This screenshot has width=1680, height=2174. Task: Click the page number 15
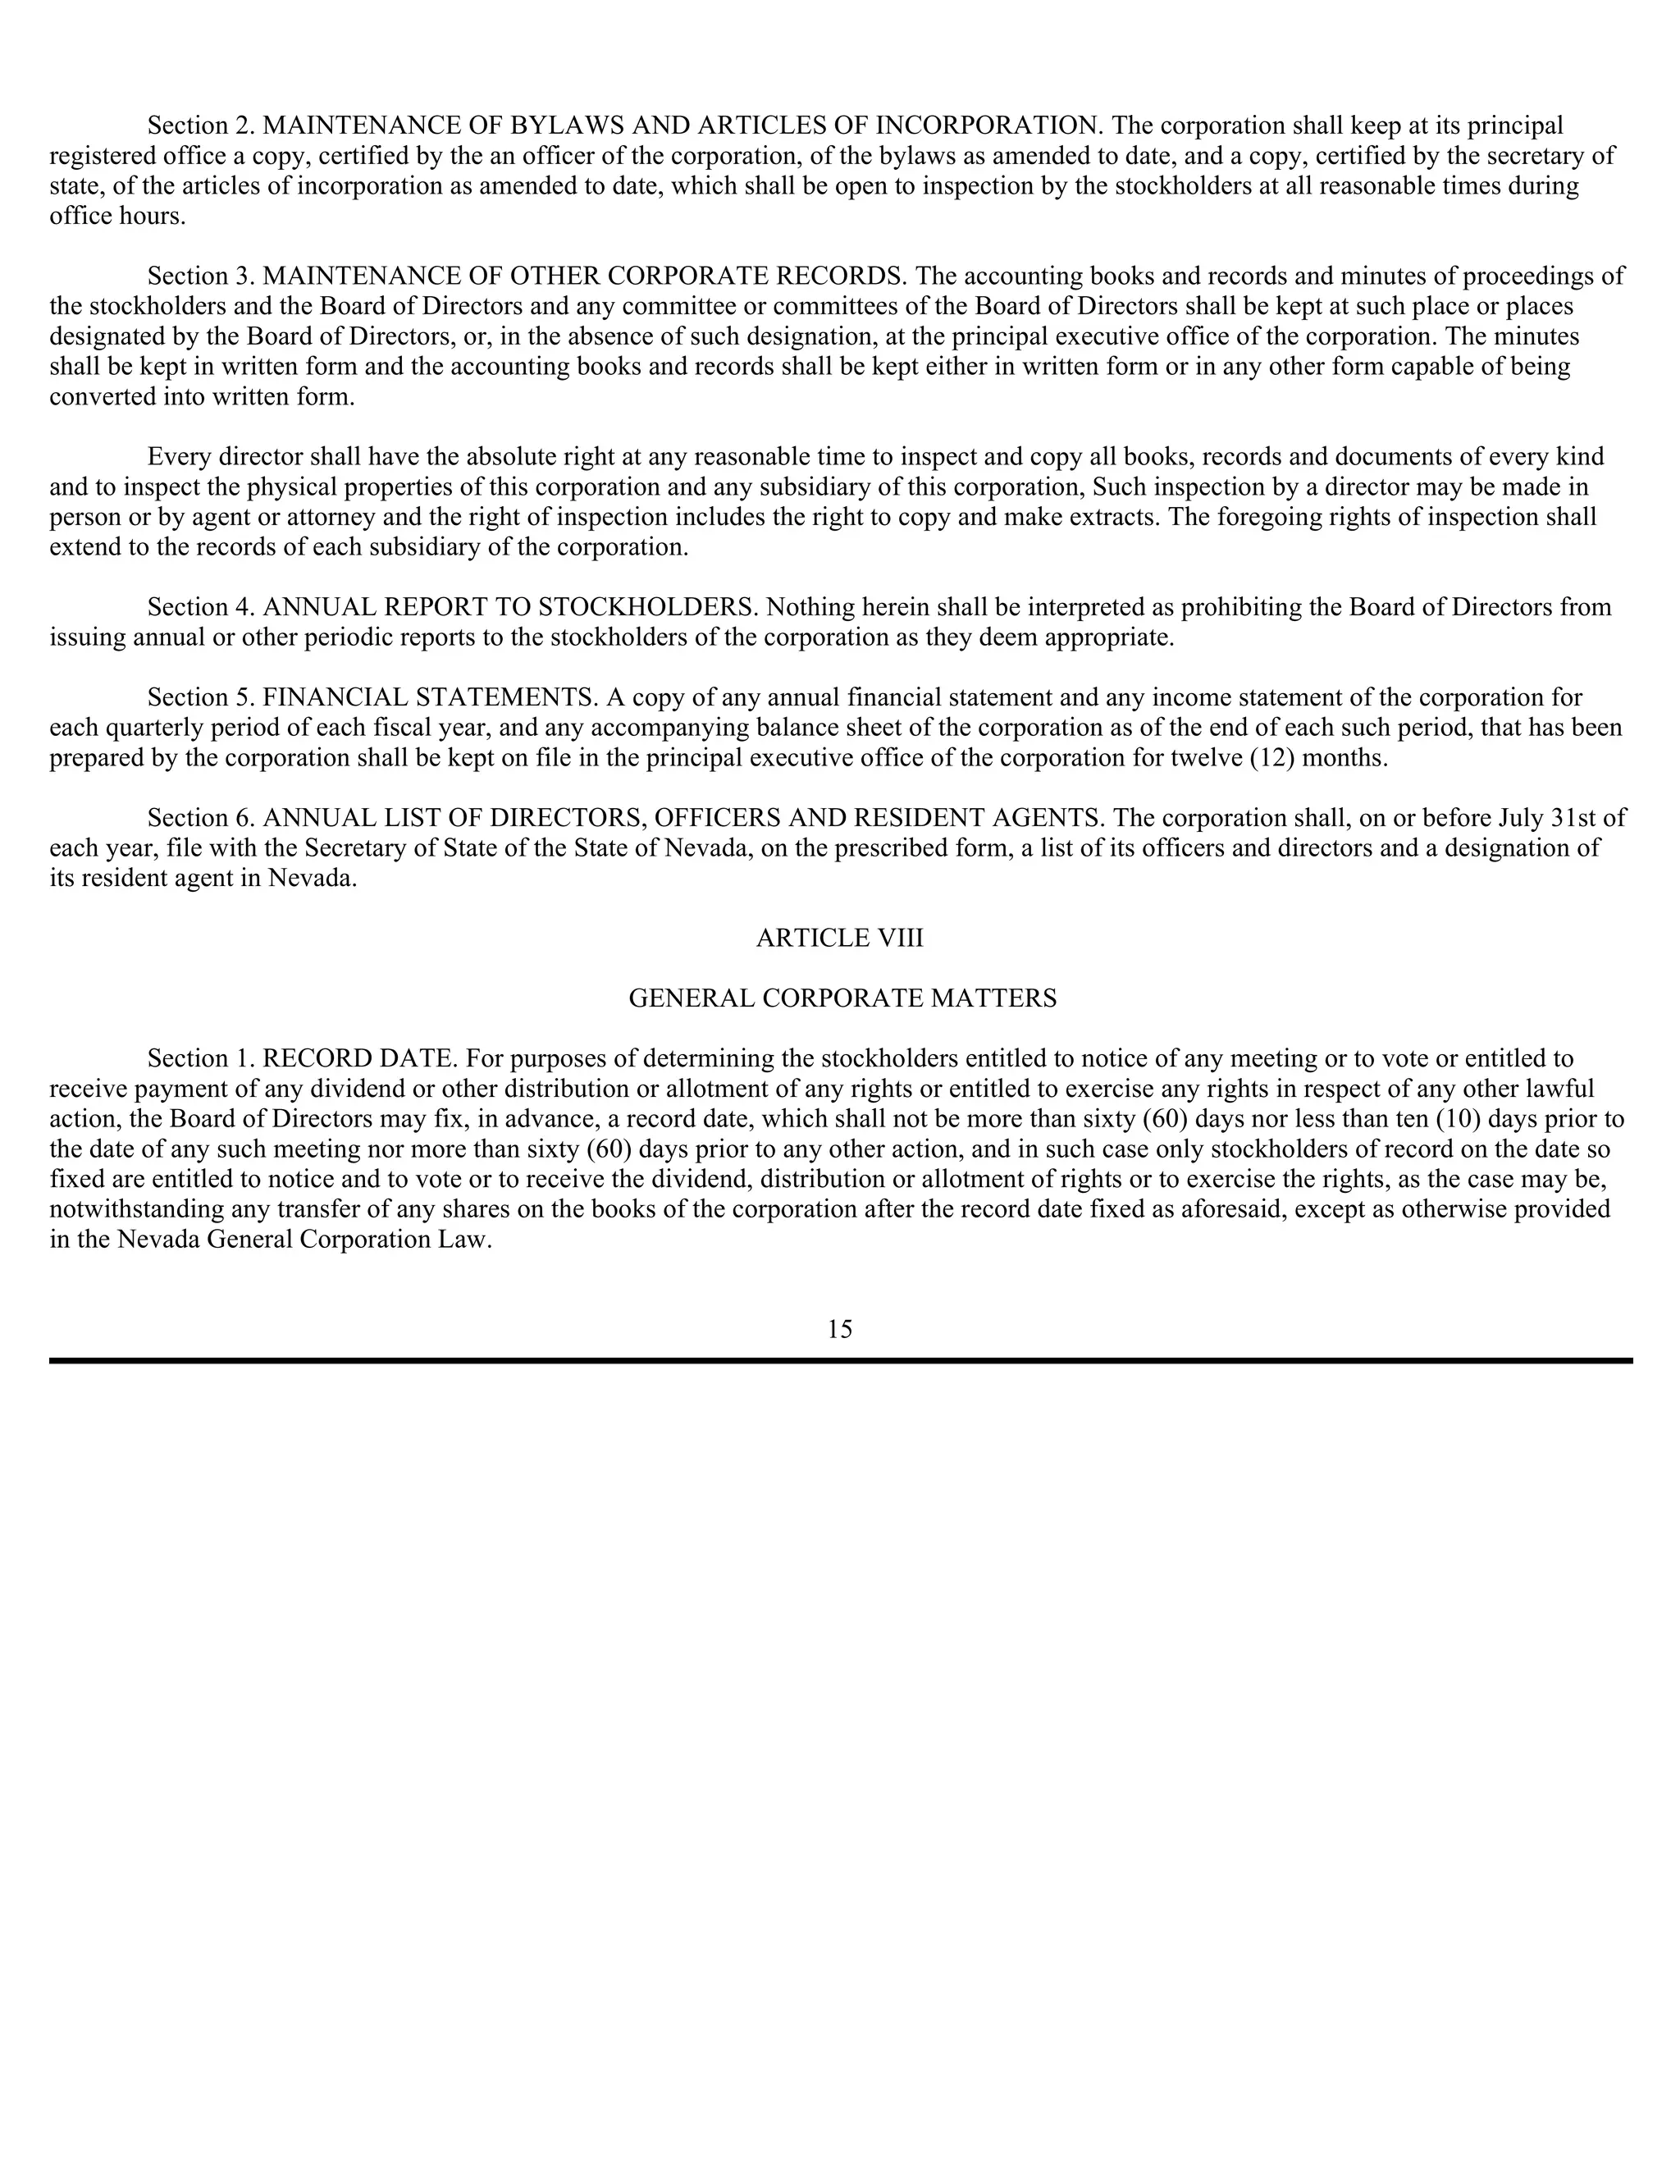839,1329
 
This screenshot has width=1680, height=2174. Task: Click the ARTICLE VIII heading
839,938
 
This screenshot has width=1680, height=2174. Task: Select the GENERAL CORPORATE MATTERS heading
842,998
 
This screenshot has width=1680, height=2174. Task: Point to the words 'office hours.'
117,216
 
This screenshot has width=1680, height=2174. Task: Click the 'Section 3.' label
201,276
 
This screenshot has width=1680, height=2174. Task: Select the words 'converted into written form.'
202,396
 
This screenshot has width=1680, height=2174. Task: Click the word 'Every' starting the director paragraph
179,457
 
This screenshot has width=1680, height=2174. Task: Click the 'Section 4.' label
201,607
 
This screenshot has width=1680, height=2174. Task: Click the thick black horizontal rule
840,1359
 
